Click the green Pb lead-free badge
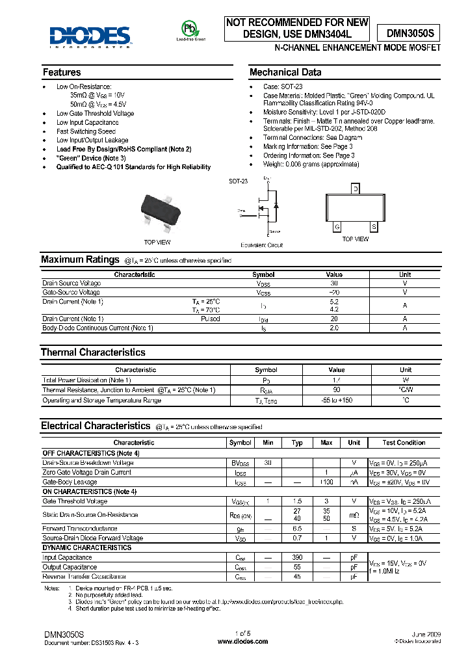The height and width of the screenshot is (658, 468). [188, 29]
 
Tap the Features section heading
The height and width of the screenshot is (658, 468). [62, 72]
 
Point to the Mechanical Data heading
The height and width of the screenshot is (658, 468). [285, 72]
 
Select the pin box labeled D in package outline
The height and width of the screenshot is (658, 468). [355, 189]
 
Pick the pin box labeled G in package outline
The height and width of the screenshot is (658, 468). [337, 227]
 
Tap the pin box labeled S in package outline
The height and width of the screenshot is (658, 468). [374, 227]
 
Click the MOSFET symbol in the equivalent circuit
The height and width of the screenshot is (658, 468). [267, 208]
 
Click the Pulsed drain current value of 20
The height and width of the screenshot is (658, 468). [334, 319]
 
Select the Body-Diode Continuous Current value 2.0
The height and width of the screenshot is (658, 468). [334, 328]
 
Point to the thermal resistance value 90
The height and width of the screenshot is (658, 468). [337, 390]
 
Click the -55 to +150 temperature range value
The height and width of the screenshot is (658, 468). [337, 401]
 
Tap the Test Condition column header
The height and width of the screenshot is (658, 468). [404, 443]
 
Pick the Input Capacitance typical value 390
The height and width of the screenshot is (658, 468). [297, 558]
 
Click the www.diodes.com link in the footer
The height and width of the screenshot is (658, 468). [235, 642]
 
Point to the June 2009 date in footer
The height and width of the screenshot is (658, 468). [426, 633]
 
